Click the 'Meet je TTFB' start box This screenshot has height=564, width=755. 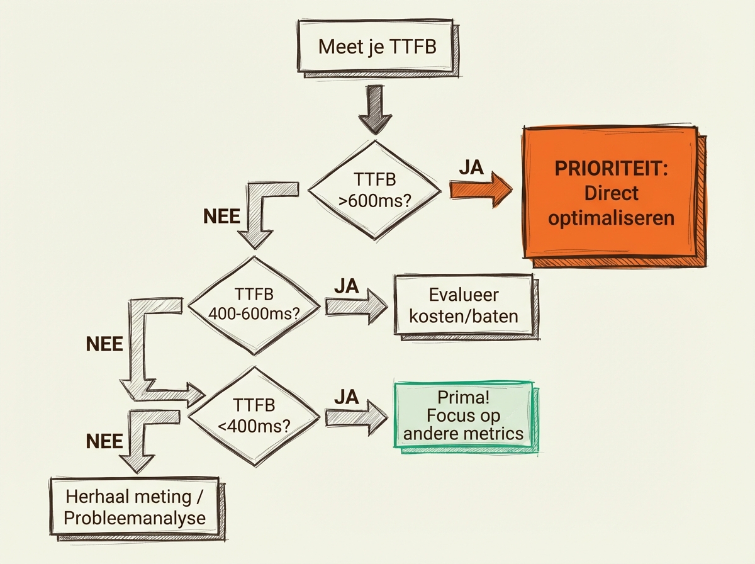[x=377, y=47]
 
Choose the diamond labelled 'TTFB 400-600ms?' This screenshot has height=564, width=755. [x=258, y=303]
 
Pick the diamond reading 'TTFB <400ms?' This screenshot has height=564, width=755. [x=254, y=415]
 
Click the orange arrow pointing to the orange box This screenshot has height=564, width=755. [x=481, y=190]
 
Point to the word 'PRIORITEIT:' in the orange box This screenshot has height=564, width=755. [x=610, y=170]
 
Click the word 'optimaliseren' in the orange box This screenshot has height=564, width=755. [x=611, y=218]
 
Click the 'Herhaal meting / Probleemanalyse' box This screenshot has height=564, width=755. [x=136, y=507]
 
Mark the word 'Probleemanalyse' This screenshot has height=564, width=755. [x=136, y=518]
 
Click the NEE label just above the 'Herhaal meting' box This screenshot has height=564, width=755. [x=105, y=441]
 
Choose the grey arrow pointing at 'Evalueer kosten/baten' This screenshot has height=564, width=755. [x=355, y=307]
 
